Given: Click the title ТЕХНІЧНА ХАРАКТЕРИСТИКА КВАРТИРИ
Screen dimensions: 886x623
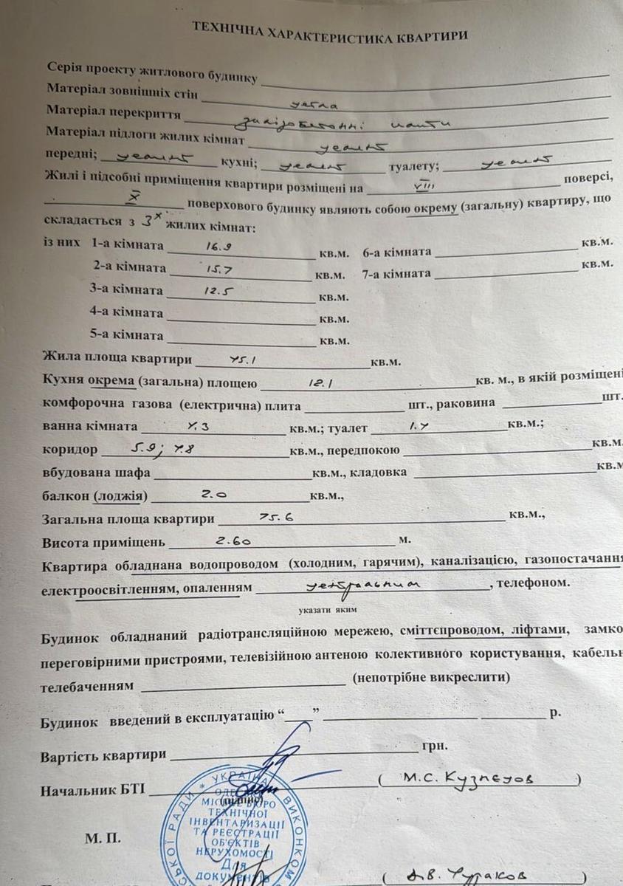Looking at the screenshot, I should point(330,30).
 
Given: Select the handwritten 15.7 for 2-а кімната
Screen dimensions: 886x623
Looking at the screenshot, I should point(210,270).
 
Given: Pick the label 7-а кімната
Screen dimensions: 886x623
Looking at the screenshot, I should point(396,273).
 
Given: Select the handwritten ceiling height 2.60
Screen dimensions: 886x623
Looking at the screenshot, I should point(234,540).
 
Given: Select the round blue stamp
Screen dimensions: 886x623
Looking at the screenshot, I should point(232,831).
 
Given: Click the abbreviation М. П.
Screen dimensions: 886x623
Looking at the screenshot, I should point(100,839).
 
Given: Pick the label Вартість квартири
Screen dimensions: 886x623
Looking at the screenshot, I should point(103,757).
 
